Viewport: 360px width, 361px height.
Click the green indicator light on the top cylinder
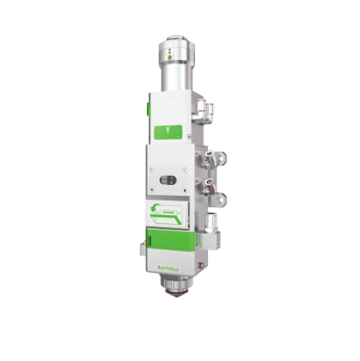tap(170, 58)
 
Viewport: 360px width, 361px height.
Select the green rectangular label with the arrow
tap(168, 131)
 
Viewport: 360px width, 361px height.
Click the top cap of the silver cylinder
tap(177, 39)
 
